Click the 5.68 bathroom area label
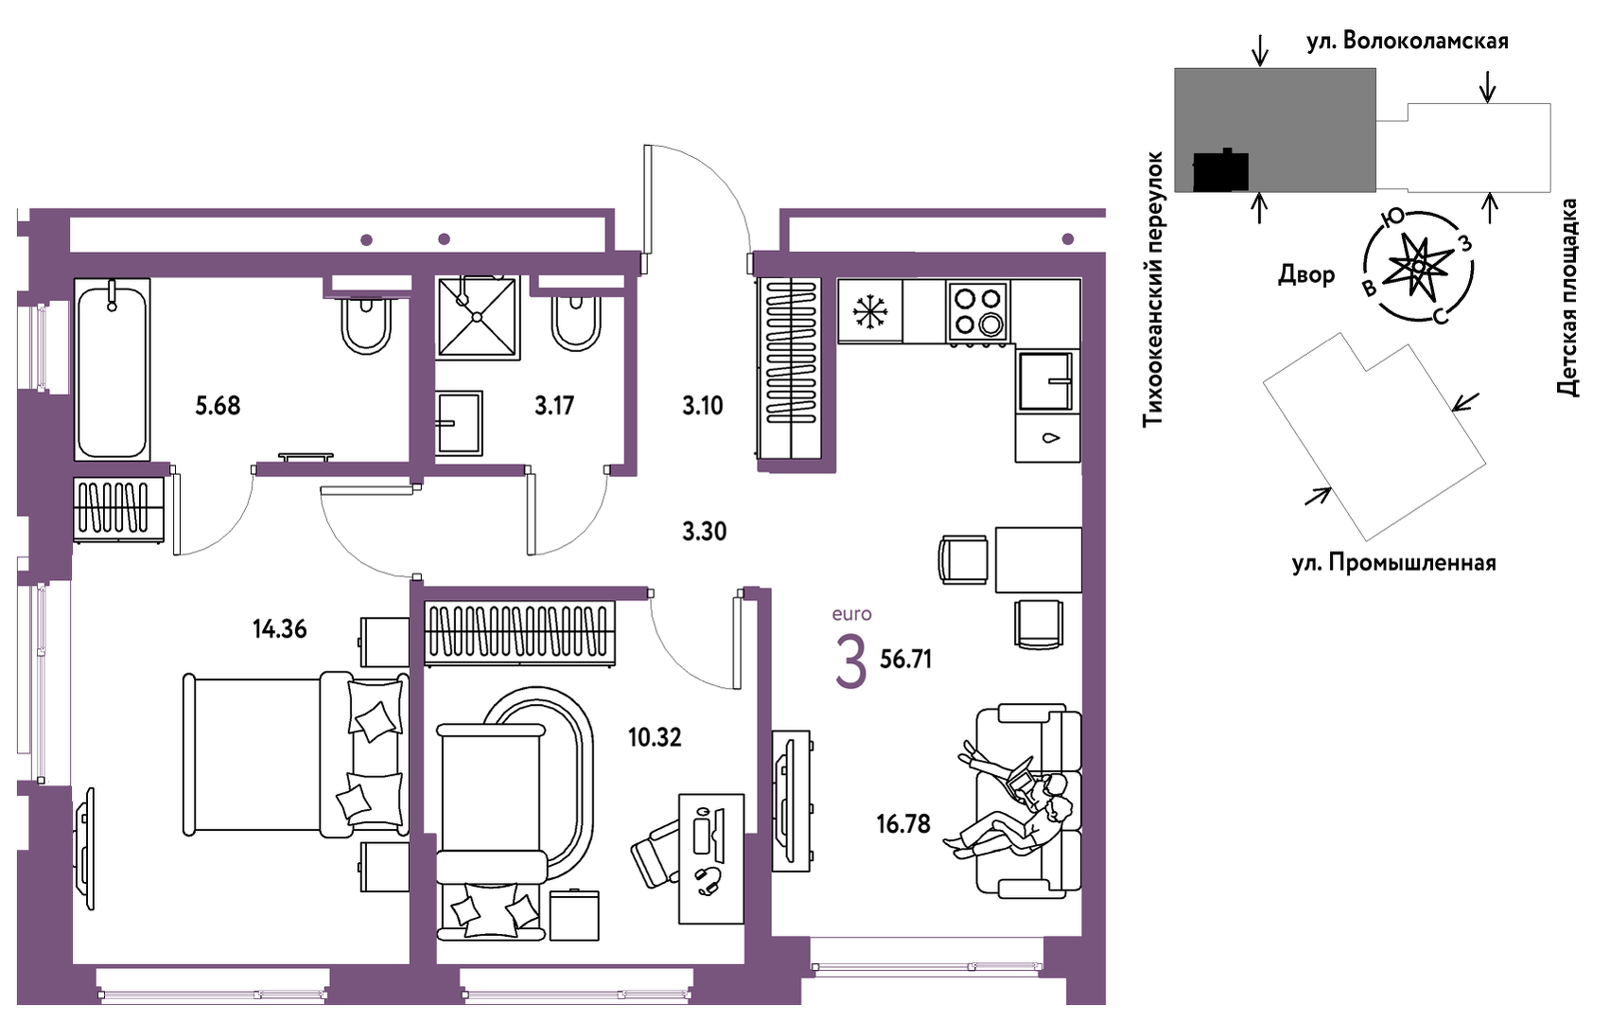218,406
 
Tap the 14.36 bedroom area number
280,629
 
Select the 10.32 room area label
654,737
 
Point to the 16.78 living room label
903,823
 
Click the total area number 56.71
905,659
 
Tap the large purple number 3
851,664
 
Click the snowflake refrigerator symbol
870,312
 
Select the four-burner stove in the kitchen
978,311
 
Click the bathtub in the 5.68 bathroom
113,370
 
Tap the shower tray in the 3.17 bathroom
478,318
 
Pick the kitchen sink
1046,381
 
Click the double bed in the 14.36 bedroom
296,754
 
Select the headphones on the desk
708,880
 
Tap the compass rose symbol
1418,266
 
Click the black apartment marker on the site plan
1220,171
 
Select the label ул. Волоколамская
1408,41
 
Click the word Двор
1306,274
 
